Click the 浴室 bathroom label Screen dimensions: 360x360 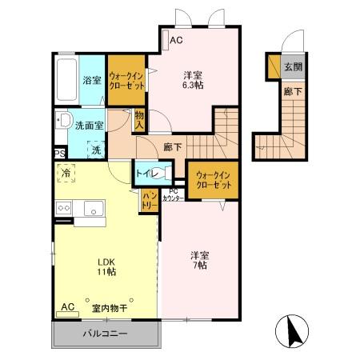point(92,80)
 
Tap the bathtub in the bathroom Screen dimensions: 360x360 point(66,80)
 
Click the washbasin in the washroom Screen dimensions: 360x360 point(62,123)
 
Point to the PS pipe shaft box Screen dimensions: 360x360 point(58,154)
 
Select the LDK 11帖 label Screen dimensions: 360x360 point(107,267)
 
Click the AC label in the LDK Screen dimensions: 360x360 point(67,307)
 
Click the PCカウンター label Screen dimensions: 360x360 point(174,194)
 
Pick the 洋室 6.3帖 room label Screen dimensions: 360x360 point(191,79)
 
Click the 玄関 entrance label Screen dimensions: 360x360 point(293,68)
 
